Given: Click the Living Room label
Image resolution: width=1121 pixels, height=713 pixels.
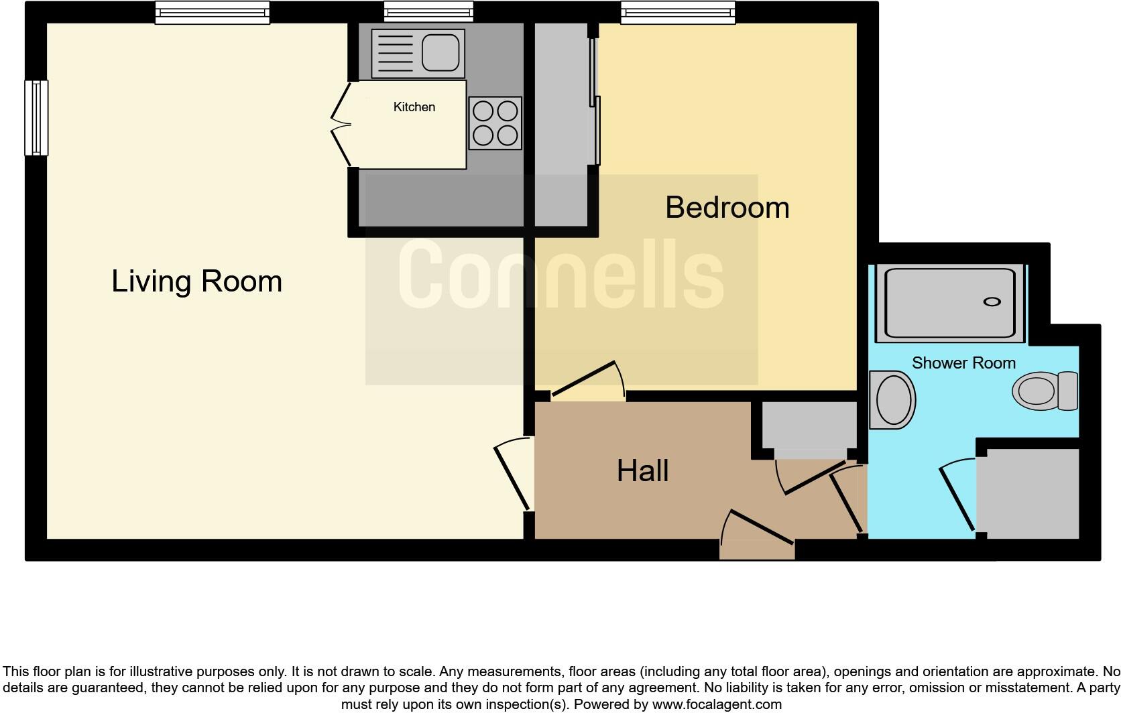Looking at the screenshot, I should coord(196,281).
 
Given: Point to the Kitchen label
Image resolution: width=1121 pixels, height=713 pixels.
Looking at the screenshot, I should coord(414,107).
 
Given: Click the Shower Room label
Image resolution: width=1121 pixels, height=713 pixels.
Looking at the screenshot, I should coord(963,363).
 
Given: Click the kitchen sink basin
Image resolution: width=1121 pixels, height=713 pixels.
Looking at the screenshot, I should coord(440,52).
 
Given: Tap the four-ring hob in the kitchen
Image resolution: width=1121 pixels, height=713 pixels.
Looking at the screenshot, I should coord(495,123).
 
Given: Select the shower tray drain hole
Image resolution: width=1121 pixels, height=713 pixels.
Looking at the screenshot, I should coord(992,302).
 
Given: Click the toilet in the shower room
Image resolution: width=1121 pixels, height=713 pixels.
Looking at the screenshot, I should coord(1045,391).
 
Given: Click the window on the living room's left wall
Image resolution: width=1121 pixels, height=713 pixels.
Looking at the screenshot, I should coord(36,118).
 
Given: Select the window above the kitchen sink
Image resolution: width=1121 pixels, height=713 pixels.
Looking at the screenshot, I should coord(428,12).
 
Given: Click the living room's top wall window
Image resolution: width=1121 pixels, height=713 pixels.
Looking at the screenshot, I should coord(212,12).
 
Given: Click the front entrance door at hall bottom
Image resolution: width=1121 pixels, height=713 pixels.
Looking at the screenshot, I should coord(758,536).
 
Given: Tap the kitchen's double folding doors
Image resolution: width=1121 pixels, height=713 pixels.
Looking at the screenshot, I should coord(341,124).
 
